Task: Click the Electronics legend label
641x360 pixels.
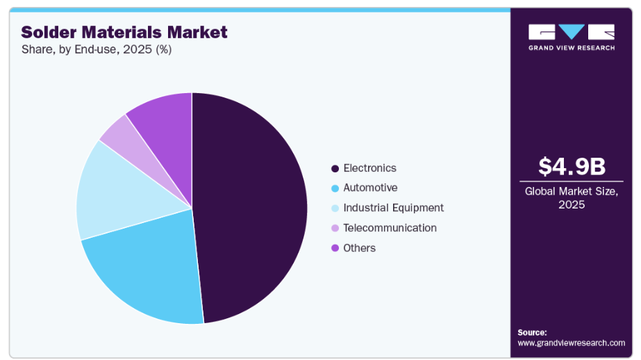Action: (x=369, y=168)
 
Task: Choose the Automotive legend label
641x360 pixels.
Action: (x=370, y=188)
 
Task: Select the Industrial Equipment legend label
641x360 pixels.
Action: (x=393, y=208)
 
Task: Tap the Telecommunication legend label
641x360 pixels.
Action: (x=390, y=228)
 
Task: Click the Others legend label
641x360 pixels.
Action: (x=359, y=248)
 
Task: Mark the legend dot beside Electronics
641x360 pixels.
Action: (x=335, y=168)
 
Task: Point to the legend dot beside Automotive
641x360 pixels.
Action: (x=335, y=188)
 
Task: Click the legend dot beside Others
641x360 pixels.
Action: (x=335, y=248)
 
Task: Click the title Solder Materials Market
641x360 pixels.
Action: (x=124, y=32)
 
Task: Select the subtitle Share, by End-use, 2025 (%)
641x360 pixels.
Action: (x=96, y=49)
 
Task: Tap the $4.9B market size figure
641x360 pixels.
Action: (x=572, y=167)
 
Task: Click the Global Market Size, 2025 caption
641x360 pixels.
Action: (x=572, y=197)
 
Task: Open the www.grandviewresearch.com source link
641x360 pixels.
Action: (x=572, y=343)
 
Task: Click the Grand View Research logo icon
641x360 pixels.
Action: (x=572, y=32)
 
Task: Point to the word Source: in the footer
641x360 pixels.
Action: (x=532, y=332)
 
